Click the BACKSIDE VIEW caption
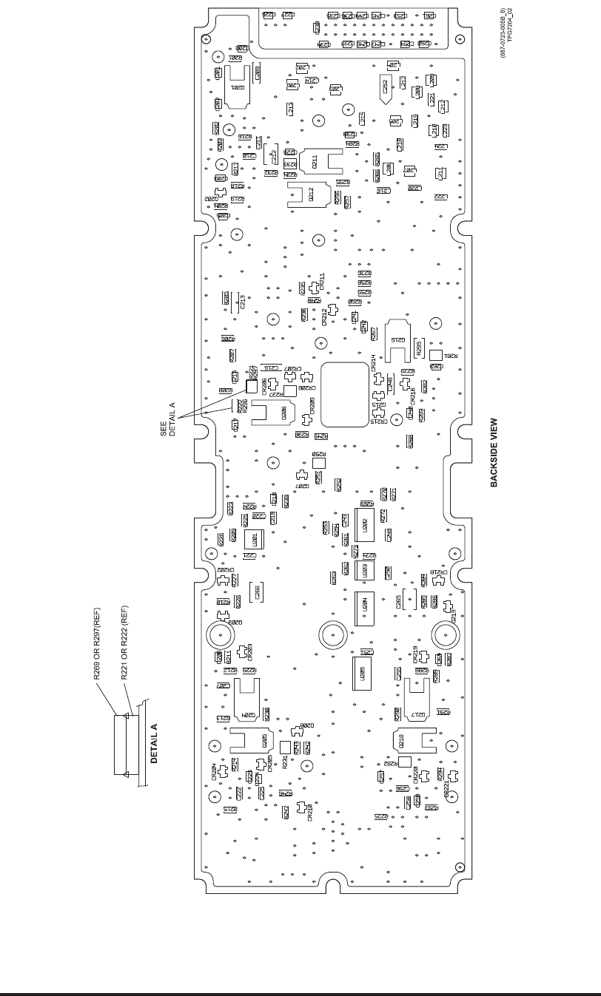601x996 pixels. (x=494, y=453)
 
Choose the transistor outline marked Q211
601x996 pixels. (x=320, y=161)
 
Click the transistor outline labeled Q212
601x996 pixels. (x=309, y=194)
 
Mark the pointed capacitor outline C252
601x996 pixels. (x=385, y=89)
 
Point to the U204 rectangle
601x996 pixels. (x=364, y=608)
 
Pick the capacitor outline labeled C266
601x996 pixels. (x=257, y=592)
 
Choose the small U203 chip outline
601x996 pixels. (x=363, y=570)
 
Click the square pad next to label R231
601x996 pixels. (x=286, y=748)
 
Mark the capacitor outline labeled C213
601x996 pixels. (x=238, y=301)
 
